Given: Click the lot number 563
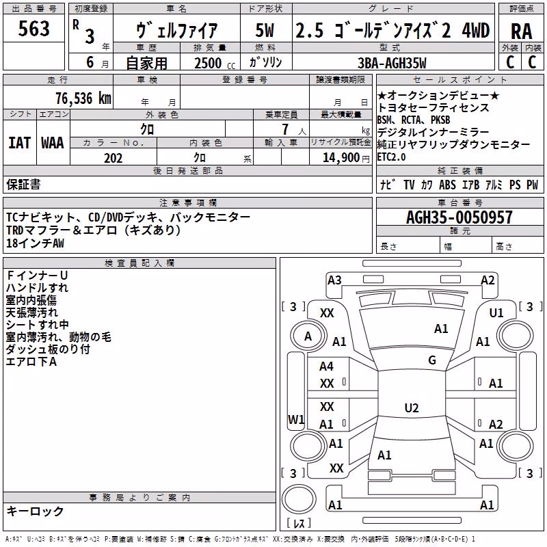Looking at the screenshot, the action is tap(34, 28).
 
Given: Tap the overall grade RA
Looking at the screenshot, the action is tap(521, 31).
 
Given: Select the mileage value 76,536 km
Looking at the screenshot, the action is tap(83, 98).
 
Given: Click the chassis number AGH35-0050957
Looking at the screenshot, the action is tap(459, 217).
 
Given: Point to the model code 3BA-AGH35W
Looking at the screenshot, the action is tap(392, 63).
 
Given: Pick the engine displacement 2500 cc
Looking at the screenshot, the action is tap(215, 63).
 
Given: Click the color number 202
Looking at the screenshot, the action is tap(113, 158).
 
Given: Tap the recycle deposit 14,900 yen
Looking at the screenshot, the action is tap(346, 158).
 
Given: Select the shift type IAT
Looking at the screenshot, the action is tap(20, 143).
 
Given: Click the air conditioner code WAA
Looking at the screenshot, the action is tap(53, 143).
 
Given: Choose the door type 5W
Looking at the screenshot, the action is tap(265, 30).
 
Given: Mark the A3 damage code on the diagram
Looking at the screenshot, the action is tap(334, 280).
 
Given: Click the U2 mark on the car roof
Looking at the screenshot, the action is tap(412, 408).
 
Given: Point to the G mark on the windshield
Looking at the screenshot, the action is tap(432, 360).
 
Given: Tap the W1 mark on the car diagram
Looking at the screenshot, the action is tap(296, 419).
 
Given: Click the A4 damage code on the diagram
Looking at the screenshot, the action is tap(327, 366).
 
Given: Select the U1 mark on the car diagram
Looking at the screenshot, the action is tap(496, 313).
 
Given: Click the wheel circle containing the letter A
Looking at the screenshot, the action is tap(308, 336).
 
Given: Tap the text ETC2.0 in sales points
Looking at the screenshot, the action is tap(391, 157).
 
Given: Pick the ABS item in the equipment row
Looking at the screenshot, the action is tap(447, 185).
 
